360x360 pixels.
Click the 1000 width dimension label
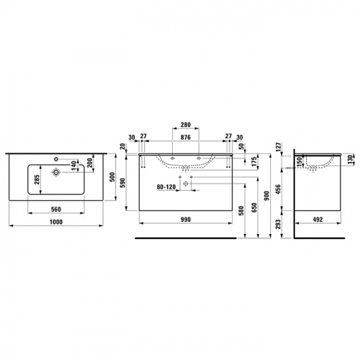(56, 222)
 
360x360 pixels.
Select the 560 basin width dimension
(56, 210)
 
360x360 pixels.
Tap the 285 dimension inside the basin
(37, 179)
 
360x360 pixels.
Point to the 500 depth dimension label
(112, 177)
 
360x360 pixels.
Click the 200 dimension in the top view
(90, 163)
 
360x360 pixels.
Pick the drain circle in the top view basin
(56, 172)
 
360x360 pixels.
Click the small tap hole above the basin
(56, 158)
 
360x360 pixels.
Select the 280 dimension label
(186, 125)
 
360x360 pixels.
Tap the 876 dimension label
(186, 138)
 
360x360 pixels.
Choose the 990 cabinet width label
(186, 220)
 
